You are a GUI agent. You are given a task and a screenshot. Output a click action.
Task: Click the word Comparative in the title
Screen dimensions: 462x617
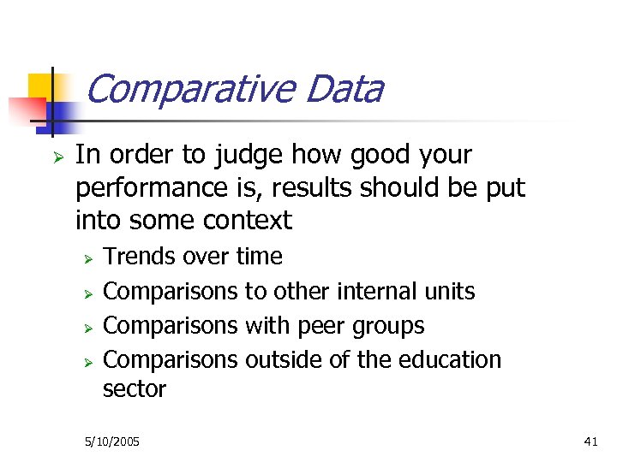click(189, 89)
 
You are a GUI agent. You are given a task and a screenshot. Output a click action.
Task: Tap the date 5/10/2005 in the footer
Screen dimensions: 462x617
click(112, 441)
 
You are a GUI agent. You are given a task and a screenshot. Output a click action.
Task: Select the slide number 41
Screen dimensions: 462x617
click(590, 441)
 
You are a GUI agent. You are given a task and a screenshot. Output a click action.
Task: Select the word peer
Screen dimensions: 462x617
click(322, 326)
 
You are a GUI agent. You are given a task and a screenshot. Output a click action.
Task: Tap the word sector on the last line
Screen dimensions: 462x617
click(134, 389)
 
